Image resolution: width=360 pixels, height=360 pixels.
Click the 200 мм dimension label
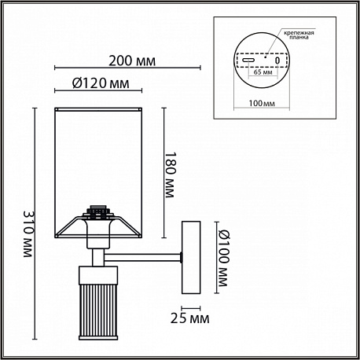[x=132, y=61]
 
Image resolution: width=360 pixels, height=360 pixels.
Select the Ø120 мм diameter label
[x=101, y=83]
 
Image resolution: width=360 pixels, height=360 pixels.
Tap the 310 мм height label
[x=28, y=233]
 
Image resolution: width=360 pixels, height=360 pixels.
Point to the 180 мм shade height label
[x=169, y=174]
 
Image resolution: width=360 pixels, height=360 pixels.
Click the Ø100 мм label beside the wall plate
[x=223, y=258]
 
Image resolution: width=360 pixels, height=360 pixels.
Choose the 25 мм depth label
[x=190, y=318]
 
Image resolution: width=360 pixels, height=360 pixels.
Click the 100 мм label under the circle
[x=262, y=103]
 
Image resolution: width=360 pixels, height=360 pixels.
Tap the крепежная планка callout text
[x=299, y=35]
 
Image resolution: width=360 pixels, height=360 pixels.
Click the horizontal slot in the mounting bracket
[x=248, y=60]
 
